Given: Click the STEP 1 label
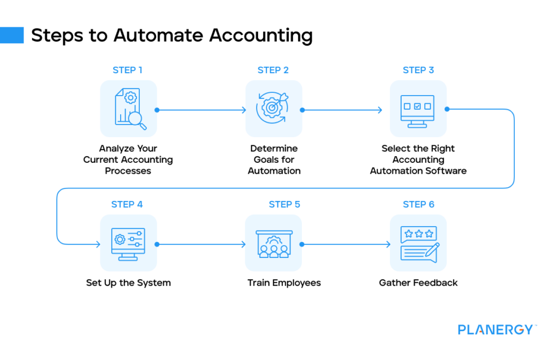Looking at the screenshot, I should click(x=128, y=70).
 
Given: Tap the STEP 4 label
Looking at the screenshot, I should click(x=127, y=204).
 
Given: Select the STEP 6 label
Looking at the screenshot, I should click(x=418, y=204).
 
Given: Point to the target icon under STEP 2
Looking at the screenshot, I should click(x=273, y=108).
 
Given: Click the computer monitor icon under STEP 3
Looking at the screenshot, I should click(x=418, y=109).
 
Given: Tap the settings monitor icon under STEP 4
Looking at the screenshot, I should click(x=128, y=243).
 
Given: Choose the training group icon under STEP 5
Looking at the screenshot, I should click(x=273, y=243).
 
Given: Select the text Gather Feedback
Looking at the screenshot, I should click(x=418, y=283).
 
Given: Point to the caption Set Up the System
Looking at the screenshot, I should click(x=128, y=283).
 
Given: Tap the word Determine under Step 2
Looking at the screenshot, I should click(x=274, y=149).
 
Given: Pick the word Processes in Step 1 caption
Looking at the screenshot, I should click(x=128, y=170).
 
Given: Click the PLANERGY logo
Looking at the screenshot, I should click(x=495, y=329).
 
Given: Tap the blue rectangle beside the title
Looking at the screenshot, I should click(x=11, y=35).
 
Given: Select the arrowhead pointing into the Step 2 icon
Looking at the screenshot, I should click(x=243, y=110).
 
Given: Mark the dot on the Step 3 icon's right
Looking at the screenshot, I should click(x=447, y=109).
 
